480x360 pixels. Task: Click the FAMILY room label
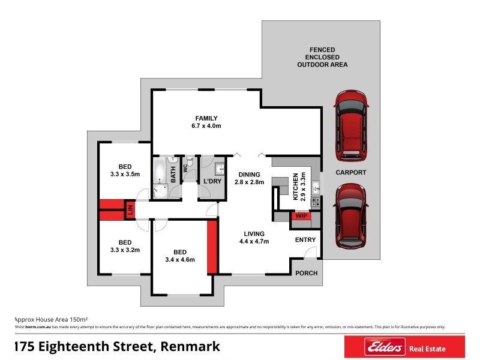tap(206, 118)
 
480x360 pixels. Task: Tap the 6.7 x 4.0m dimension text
tap(206, 127)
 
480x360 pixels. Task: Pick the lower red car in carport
tap(350, 216)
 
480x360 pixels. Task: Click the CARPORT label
tap(350, 172)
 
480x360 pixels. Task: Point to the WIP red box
tap(299, 216)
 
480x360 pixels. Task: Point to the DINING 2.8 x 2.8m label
tap(248, 178)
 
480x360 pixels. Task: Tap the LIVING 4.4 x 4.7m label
tap(255, 238)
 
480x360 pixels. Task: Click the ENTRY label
tap(305, 240)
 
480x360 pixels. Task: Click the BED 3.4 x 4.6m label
tap(179, 256)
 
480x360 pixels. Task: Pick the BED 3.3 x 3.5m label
tap(125, 170)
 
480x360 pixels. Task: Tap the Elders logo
tap(374, 347)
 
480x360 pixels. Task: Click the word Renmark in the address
tap(191, 346)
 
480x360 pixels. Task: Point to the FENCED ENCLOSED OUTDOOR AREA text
tap(322, 57)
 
